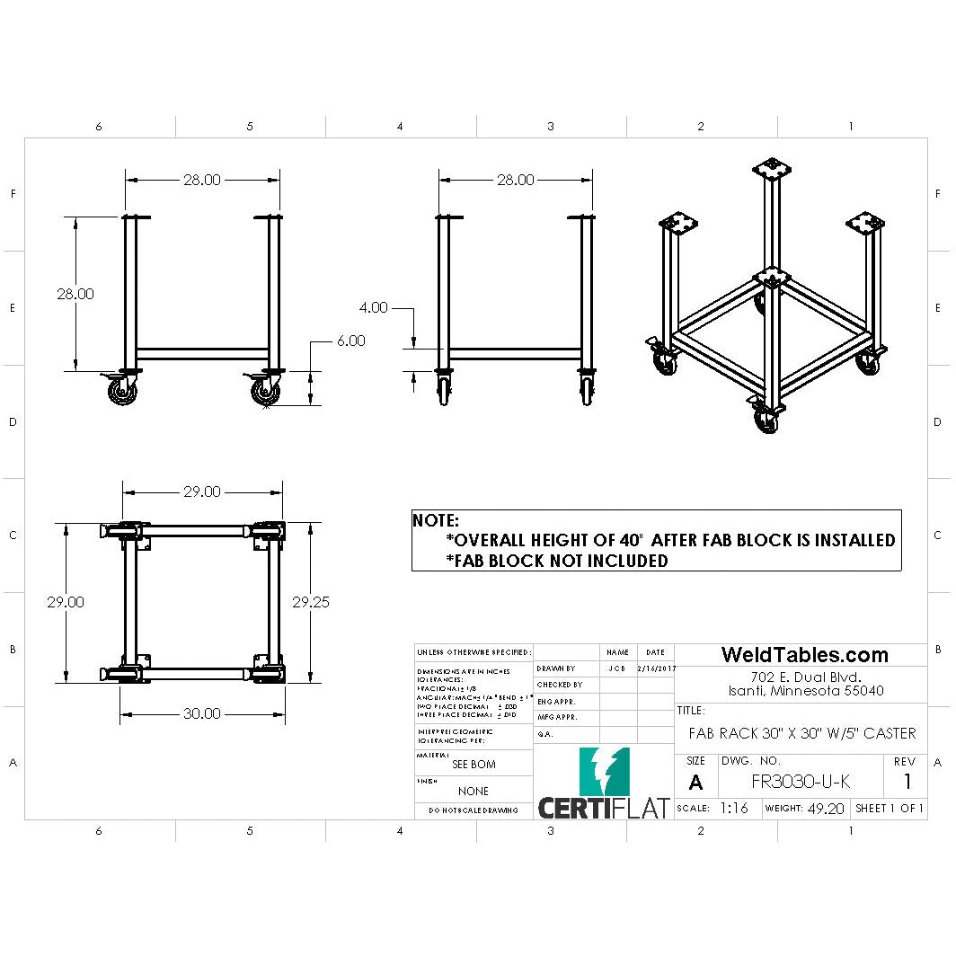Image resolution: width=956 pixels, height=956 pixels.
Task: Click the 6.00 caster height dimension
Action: [351, 341]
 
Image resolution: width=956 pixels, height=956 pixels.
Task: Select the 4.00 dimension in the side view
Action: [373, 307]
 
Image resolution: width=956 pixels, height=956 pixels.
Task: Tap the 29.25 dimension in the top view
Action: [311, 602]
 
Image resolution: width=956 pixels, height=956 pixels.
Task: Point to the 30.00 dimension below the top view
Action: [202, 713]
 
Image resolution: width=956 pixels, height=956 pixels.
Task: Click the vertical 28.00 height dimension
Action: [75, 294]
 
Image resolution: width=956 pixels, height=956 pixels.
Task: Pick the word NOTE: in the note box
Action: [436, 520]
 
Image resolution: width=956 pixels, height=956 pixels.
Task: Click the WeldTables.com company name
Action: [804, 655]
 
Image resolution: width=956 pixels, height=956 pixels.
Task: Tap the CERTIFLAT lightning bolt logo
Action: [605, 772]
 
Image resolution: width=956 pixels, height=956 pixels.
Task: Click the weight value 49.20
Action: [826, 808]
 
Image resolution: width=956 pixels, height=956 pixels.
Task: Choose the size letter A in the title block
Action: [695, 783]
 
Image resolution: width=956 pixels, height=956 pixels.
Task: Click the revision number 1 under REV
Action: [907, 781]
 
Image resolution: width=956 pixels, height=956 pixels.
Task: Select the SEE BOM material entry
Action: [474, 765]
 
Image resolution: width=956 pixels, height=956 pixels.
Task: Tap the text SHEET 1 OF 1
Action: [890, 808]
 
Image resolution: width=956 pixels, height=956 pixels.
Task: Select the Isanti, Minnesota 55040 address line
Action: [805, 691]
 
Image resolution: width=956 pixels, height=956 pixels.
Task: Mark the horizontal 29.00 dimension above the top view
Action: [202, 491]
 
